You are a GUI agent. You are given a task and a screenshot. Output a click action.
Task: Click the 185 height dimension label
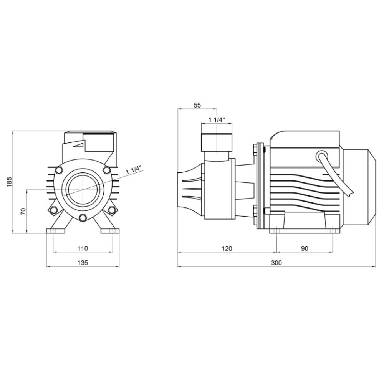click(x=9, y=182)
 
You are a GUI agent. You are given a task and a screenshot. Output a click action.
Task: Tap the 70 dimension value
click(x=23, y=211)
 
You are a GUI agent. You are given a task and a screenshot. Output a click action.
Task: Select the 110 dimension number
click(x=83, y=248)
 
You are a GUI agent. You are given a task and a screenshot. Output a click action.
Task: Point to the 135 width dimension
click(x=83, y=263)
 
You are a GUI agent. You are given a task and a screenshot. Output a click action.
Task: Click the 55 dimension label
click(x=197, y=105)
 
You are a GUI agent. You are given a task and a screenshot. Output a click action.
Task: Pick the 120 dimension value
click(x=227, y=248)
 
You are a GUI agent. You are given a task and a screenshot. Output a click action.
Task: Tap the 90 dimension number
click(x=305, y=248)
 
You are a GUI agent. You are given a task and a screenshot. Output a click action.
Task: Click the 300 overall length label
click(x=276, y=263)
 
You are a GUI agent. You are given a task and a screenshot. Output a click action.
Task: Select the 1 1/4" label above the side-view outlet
click(x=217, y=120)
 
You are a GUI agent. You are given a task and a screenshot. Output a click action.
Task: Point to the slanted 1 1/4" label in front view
click(x=134, y=169)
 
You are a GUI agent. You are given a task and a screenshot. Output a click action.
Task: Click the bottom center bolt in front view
click(x=83, y=217)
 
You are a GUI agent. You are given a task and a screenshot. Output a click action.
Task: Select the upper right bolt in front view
click(x=106, y=170)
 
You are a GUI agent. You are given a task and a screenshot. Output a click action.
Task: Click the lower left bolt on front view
click(x=53, y=210)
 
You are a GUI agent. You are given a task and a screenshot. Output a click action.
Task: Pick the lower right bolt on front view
click(x=112, y=210)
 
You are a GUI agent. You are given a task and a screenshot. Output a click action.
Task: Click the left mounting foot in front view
click(x=56, y=231)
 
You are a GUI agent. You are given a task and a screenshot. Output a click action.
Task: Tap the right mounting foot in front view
click(x=110, y=231)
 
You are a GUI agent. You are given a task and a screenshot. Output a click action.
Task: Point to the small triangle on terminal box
click(x=79, y=145)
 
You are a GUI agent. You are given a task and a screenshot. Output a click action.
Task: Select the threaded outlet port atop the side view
click(x=217, y=142)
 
